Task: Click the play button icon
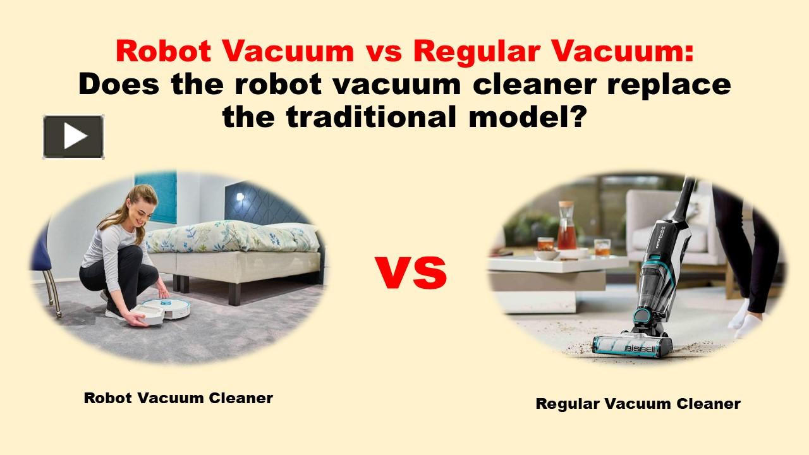(73, 136)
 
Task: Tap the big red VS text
(411, 272)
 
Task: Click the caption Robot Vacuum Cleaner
(178, 398)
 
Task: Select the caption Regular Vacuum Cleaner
(638, 404)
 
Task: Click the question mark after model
(575, 116)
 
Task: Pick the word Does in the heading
(115, 83)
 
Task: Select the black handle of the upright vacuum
(684, 196)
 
